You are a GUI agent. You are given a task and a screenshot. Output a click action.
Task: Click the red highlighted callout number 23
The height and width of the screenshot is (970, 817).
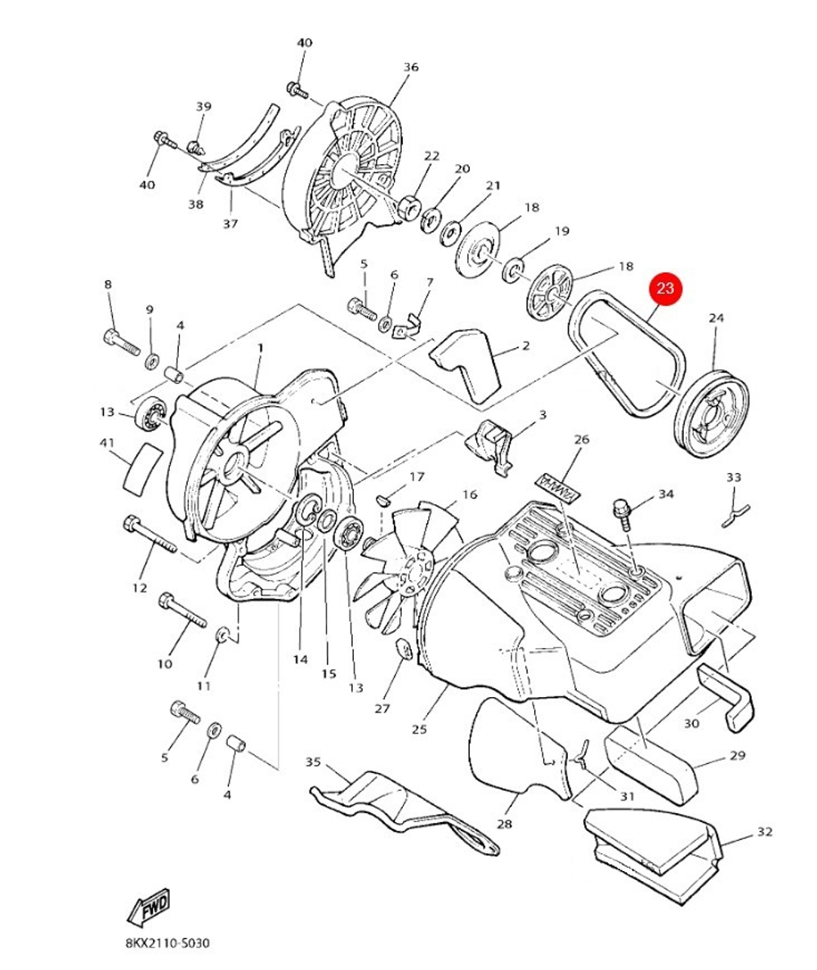666,288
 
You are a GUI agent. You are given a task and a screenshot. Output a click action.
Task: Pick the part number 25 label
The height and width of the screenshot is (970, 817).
419,730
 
